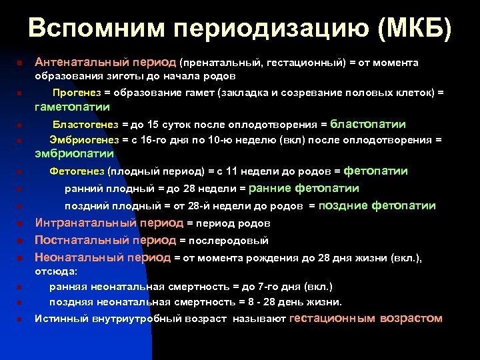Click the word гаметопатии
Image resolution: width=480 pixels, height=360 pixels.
73,107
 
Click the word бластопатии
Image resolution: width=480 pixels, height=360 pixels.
368,125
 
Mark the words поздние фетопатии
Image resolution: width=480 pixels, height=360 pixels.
377,206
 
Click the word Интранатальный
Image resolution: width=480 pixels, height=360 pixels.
85,223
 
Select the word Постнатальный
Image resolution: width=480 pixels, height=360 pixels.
81,240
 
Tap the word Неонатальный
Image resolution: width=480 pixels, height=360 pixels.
79,257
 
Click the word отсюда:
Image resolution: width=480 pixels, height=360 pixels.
56,272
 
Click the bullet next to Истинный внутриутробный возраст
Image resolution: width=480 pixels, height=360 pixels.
20,319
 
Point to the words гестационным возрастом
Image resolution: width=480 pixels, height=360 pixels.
366,319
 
